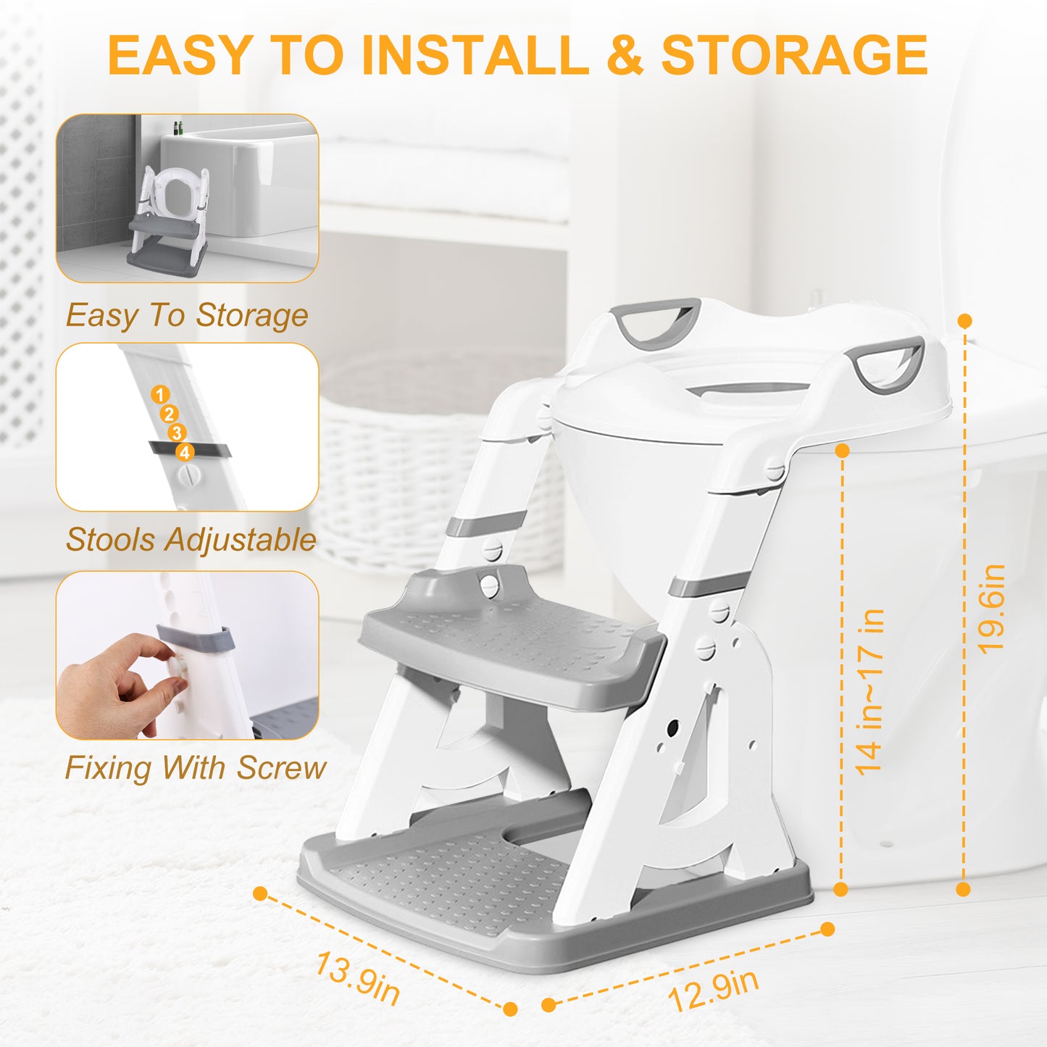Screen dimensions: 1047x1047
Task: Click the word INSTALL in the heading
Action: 475,55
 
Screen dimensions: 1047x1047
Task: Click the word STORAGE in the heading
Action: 794,55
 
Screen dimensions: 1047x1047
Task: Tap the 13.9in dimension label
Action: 357,978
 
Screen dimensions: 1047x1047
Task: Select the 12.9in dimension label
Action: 713,990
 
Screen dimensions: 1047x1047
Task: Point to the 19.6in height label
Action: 991,609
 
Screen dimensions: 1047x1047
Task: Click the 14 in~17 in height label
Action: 869,692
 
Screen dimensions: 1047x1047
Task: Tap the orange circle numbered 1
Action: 160,395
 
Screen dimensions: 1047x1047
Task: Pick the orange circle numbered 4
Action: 185,452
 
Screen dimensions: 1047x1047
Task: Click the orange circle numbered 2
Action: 169,414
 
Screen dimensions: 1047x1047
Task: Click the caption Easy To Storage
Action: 187,315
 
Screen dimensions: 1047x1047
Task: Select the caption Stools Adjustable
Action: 191,540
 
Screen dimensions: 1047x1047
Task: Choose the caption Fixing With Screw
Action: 196,768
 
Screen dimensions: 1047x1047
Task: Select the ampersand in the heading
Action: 625,55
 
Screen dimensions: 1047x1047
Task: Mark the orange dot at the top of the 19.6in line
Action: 964,320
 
